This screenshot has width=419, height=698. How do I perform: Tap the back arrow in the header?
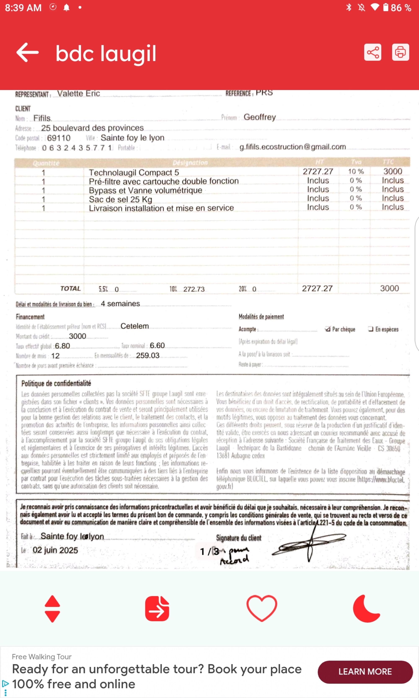pyautogui.click(x=27, y=53)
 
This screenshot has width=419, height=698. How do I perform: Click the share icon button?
pyautogui.click(x=372, y=53)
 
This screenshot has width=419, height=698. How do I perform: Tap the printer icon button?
pyautogui.click(x=400, y=53)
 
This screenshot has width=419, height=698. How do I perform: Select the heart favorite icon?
pyautogui.click(x=261, y=608)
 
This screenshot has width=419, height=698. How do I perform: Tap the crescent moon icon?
pyautogui.click(x=366, y=608)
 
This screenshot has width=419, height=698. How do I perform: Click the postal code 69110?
pyautogui.click(x=59, y=138)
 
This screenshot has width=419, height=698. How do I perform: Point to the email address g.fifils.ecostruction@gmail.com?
pyautogui.click(x=292, y=147)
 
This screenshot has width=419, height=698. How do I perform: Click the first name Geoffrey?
pyautogui.click(x=260, y=117)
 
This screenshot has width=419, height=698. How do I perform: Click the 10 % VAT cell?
pyautogui.click(x=356, y=171)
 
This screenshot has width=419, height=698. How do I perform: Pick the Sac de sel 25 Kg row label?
pyautogui.click(x=120, y=199)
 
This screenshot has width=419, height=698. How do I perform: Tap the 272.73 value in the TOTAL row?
pyautogui.click(x=194, y=289)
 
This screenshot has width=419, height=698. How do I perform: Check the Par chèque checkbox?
pyautogui.click(x=327, y=329)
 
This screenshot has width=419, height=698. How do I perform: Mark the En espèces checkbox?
pyautogui.click(x=370, y=329)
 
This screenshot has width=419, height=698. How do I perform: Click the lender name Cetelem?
pyautogui.click(x=134, y=326)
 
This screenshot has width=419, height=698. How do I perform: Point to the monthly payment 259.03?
pyautogui.click(x=148, y=355)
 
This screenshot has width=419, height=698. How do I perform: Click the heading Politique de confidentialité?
pyautogui.click(x=56, y=383)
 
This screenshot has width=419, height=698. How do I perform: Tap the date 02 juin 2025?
pyautogui.click(x=55, y=550)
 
